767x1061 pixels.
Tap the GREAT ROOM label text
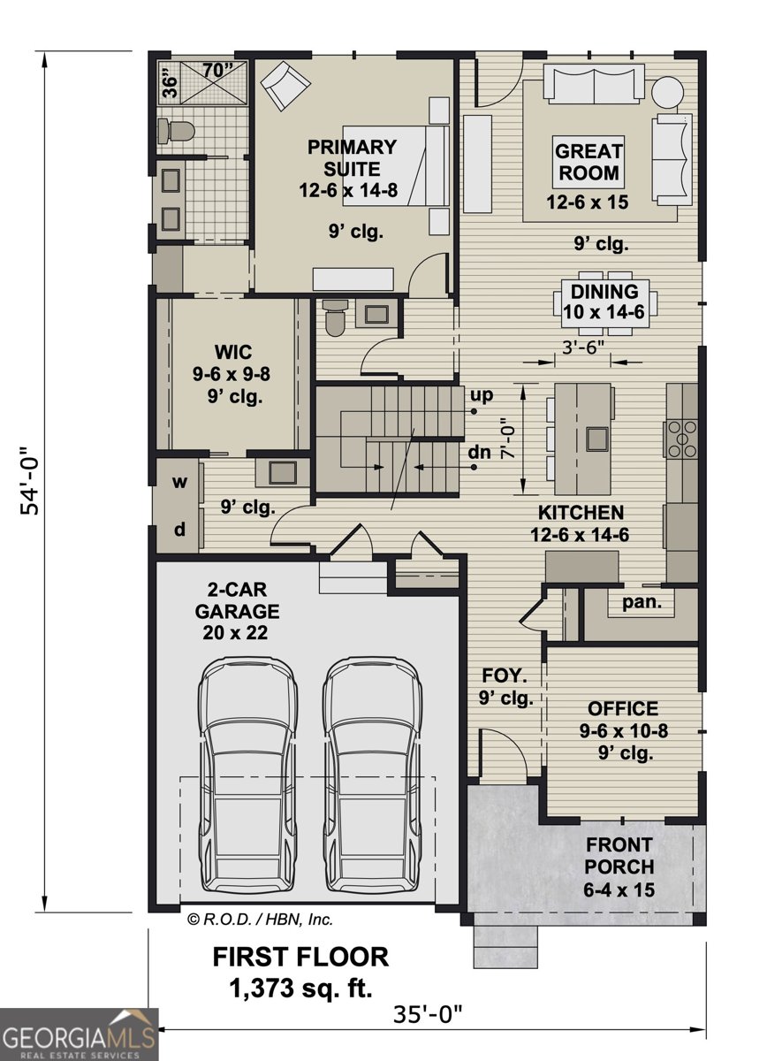(x=588, y=162)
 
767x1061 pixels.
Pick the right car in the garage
(x=370, y=778)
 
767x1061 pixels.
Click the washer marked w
(x=179, y=483)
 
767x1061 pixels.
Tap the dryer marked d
(x=179, y=530)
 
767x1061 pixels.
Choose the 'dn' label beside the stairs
(x=480, y=452)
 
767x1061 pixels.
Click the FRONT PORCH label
(x=619, y=867)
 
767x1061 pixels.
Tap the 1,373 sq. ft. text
(x=300, y=986)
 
